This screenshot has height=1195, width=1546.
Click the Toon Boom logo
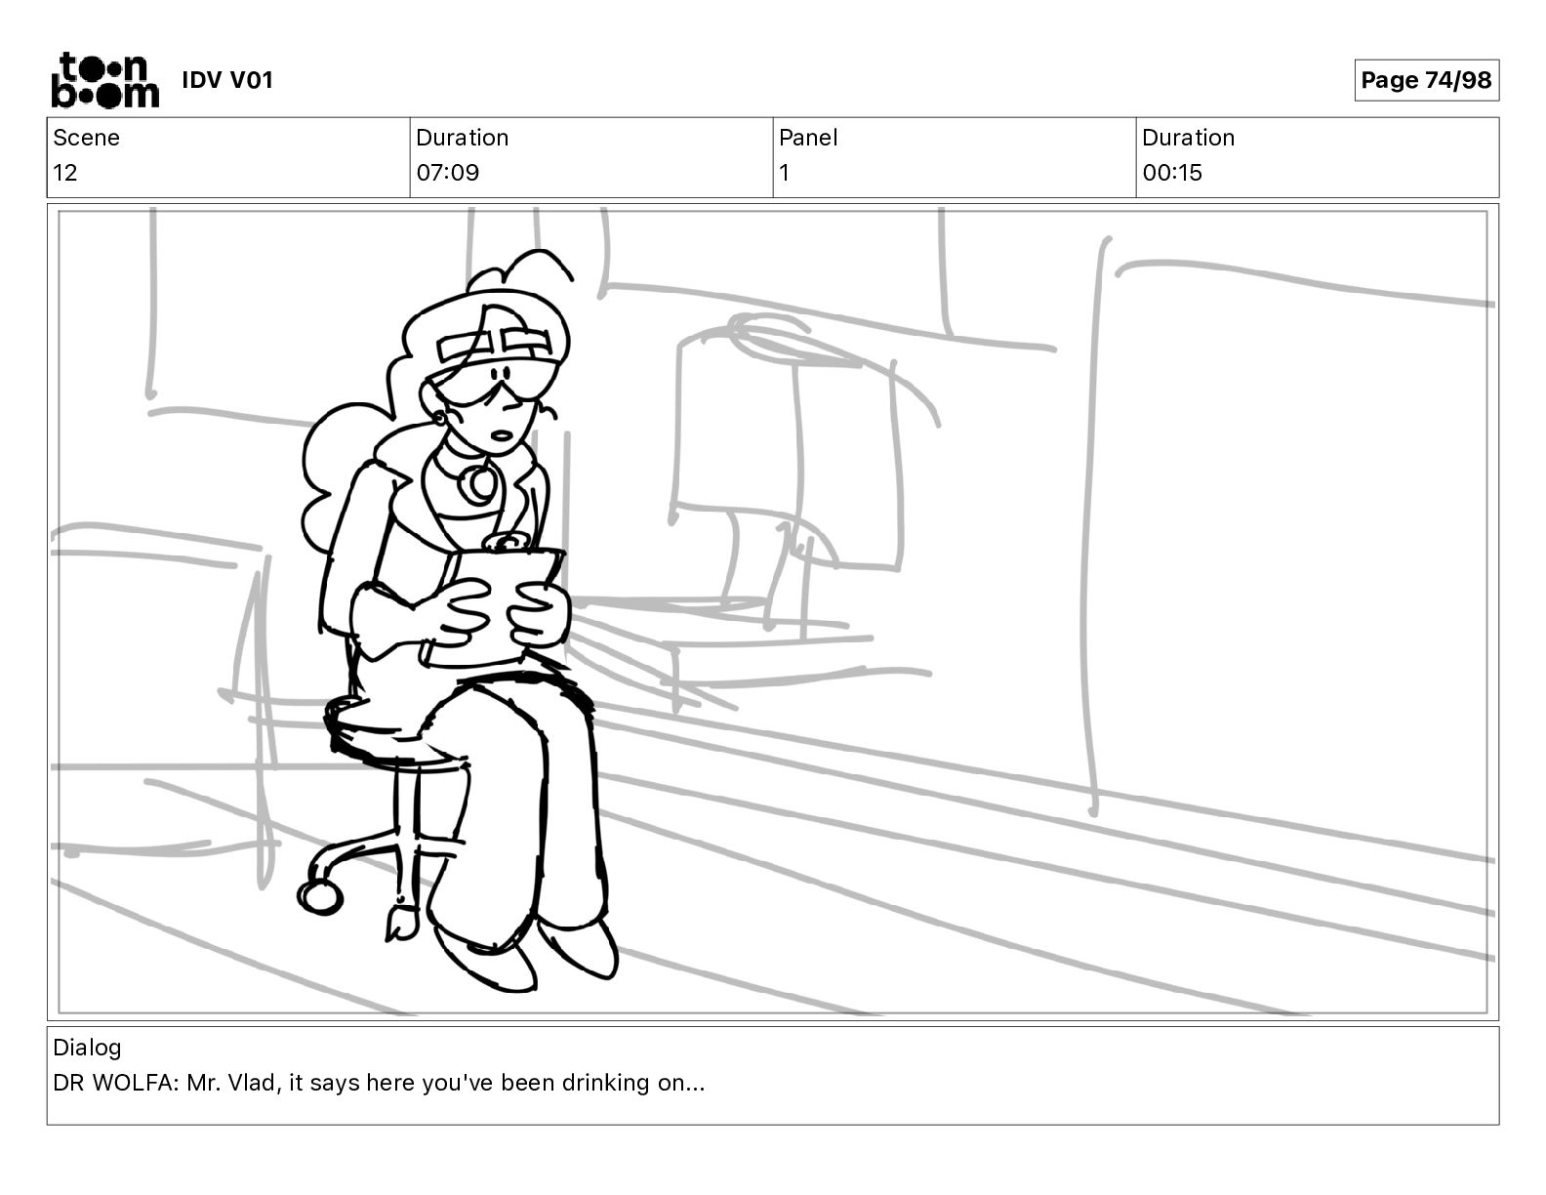pos(105,80)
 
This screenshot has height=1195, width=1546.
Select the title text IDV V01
pos(227,80)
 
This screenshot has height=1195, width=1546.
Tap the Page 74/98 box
pos(1426,80)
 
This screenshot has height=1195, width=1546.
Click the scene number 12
pos(64,173)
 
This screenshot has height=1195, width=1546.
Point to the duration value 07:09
pos(448,173)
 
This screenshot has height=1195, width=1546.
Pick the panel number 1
pos(784,173)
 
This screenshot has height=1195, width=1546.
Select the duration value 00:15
pos(1172,173)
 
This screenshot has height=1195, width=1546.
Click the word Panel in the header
pos(808,138)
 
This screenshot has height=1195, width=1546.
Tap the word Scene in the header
pos(86,138)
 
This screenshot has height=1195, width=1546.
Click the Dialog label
pos(87,1048)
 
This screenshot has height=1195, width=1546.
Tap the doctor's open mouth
pos(502,435)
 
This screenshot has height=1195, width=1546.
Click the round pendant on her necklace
pos(478,483)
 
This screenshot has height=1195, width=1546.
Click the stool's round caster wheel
pos(320,898)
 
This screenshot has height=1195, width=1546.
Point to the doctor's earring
pos(440,419)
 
